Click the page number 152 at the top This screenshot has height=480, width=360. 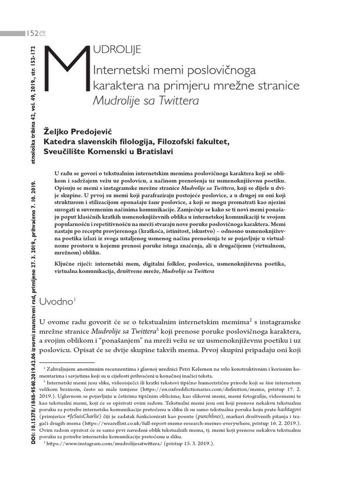32,33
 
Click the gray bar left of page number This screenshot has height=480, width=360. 12,33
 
